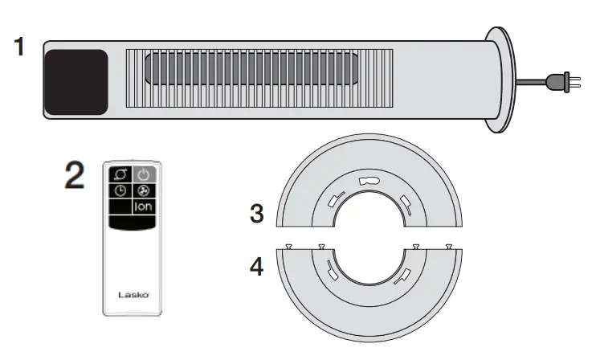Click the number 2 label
74,176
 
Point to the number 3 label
256,215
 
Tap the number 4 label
256,265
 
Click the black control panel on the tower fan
76,82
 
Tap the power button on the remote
142,174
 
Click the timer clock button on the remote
120,191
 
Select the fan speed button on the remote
142,191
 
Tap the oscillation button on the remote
120,174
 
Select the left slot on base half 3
336,198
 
